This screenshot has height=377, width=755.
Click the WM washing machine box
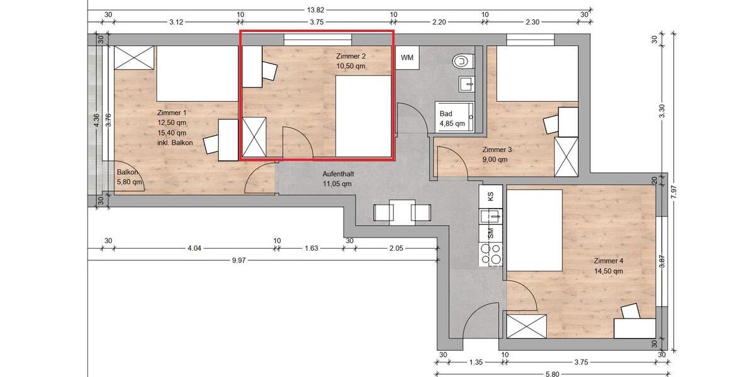[407, 58]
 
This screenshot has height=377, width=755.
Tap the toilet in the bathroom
[462, 61]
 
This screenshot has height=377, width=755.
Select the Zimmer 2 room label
[351, 61]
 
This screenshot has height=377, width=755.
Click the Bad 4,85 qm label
[452, 118]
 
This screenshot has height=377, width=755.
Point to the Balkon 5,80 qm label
[130, 177]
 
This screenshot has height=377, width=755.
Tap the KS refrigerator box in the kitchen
[491, 195]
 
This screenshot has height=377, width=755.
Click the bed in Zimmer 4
[535, 229]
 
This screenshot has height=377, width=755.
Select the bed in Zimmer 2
[364, 116]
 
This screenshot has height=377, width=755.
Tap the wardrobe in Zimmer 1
[134, 59]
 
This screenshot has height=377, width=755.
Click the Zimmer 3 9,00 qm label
[497, 155]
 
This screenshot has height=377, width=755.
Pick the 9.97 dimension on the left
[238, 260]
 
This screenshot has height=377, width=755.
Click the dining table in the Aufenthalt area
[401, 212]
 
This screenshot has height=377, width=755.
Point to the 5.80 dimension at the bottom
[552, 373]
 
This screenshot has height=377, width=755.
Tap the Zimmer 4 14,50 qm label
[608, 266]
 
